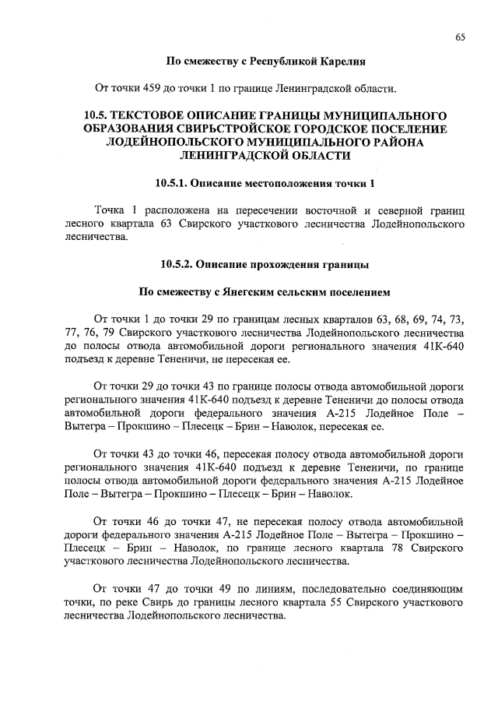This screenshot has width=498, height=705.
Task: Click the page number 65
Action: click(x=461, y=37)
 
